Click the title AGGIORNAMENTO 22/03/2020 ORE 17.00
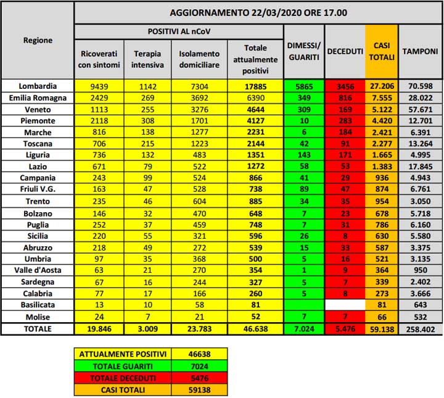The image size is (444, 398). coord(258,12)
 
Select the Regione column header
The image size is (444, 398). coord(38,40)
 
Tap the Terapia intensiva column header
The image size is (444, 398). coord(147,59)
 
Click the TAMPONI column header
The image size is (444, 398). coord(420,52)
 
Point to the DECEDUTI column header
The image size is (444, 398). coord(345,52)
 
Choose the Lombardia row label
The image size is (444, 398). coord(38,86)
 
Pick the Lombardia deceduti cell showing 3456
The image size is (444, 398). coord(345,86)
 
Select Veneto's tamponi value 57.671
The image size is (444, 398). coord(420,109)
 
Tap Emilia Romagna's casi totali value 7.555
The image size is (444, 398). coord(382,97)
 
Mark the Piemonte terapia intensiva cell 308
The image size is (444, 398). coord(147,121)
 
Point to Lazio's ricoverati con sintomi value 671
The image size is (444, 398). coord(99,167)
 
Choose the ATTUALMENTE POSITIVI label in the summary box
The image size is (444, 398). coord(122,354)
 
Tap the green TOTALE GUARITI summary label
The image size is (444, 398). coord(122,366)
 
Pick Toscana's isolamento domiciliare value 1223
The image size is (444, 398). coord(199,144)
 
